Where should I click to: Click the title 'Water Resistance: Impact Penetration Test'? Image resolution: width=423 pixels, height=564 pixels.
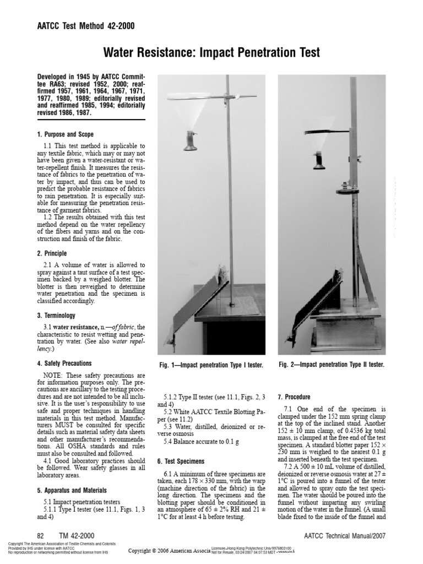tap(211, 53)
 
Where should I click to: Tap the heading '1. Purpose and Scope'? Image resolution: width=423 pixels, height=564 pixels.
tap(65, 134)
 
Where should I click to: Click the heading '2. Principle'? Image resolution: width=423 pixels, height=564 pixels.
tap(52, 253)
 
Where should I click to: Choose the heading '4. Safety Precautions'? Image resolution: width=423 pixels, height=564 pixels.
tap(64, 364)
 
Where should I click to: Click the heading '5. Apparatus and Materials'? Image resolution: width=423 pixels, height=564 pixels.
tap(72, 490)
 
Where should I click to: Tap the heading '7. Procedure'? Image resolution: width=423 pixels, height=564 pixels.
tap(295, 397)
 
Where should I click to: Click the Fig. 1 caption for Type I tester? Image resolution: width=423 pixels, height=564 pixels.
tap(210, 366)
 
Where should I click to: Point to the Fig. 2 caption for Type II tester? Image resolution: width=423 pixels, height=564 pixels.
tap(331, 365)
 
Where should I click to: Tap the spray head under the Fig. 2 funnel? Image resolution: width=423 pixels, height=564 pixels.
tap(319, 161)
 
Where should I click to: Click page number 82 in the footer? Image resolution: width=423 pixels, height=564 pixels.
tap(40, 536)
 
